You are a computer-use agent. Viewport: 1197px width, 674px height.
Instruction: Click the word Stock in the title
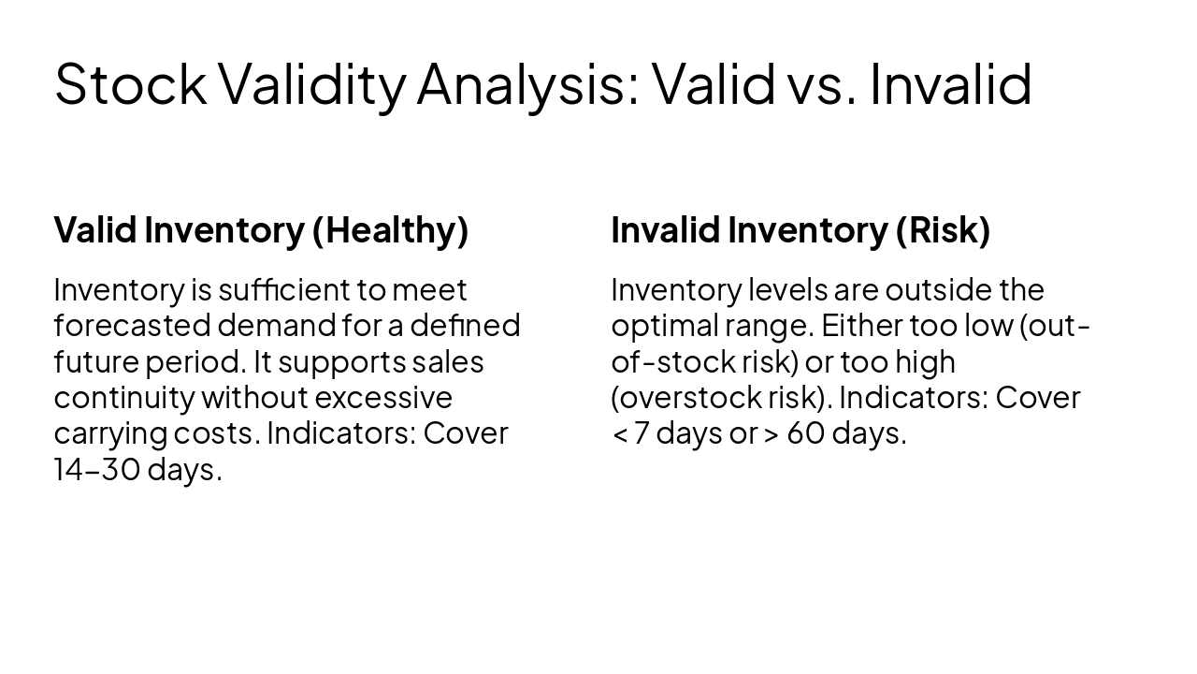(130, 83)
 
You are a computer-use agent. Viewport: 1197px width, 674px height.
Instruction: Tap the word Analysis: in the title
(527, 83)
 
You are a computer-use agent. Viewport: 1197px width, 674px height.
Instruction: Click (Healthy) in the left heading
(390, 230)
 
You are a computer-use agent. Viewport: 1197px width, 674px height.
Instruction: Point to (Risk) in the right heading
(943, 230)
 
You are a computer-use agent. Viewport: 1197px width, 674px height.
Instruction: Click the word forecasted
(132, 326)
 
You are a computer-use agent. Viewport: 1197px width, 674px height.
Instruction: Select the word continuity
(123, 398)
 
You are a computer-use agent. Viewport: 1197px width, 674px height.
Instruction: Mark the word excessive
(383, 398)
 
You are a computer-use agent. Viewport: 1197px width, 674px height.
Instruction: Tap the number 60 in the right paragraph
(805, 433)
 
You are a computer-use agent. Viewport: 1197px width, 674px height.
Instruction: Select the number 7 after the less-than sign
(641, 433)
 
